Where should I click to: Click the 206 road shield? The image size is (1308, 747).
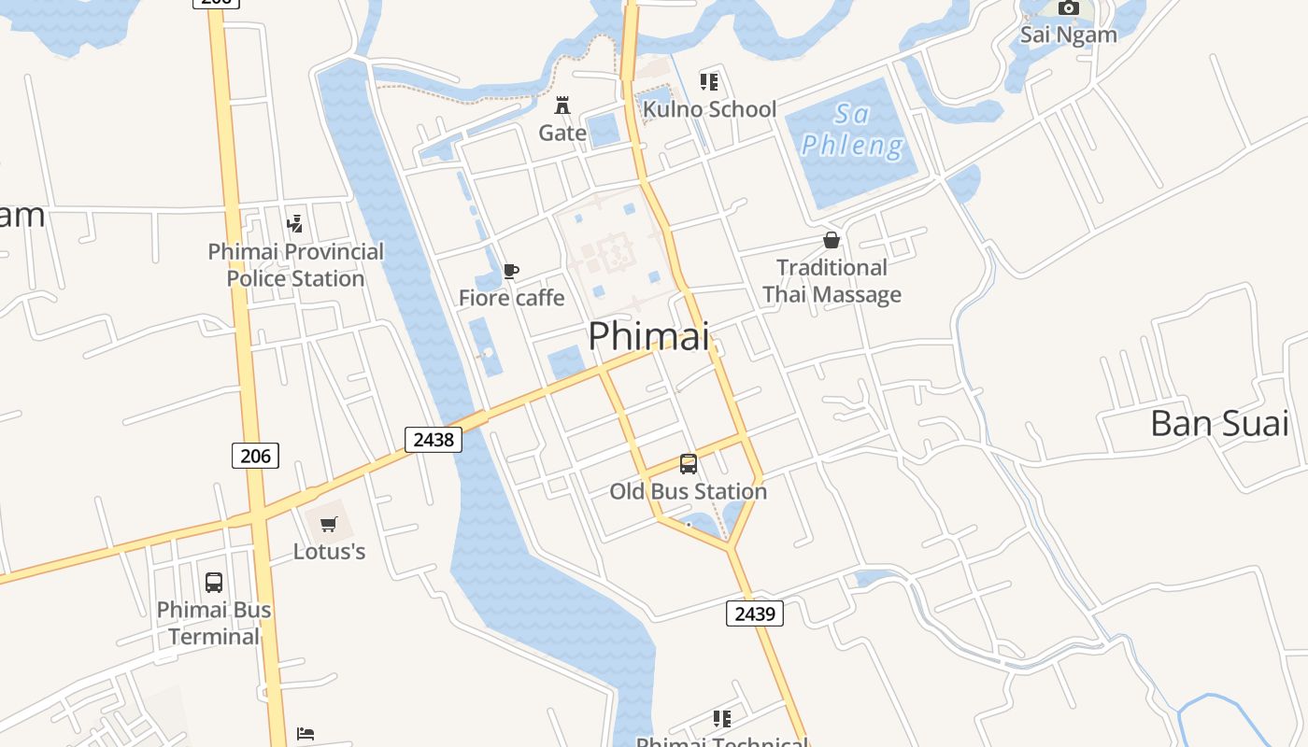click(255, 456)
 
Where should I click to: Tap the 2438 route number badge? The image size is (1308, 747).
click(434, 439)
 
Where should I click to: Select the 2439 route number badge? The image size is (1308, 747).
click(755, 613)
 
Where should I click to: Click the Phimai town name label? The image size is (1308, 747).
click(648, 336)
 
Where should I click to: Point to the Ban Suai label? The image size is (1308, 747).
click(1219, 423)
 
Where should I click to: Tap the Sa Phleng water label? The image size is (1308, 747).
click(852, 130)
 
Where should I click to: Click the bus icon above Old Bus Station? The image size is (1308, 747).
click(689, 463)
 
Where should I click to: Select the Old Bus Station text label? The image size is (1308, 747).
click(688, 491)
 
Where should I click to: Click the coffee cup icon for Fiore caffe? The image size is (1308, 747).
click(510, 272)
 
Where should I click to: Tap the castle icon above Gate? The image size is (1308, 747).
click(562, 105)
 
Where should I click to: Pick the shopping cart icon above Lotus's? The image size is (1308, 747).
click(328, 525)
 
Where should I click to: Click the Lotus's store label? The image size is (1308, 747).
click(329, 551)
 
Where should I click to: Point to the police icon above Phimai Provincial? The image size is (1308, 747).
click(295, 224)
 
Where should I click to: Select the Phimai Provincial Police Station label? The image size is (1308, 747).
click(295, 265)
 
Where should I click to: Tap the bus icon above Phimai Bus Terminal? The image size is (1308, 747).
click(214, 583)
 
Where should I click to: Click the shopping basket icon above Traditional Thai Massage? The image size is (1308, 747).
click(832, 240)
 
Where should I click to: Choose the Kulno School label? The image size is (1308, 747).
click(709, 109)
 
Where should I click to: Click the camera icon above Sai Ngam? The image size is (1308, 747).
click(1068, 8)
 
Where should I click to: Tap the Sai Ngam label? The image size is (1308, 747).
click(1068, 35)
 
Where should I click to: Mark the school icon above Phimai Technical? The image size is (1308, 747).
click(721, 719)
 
